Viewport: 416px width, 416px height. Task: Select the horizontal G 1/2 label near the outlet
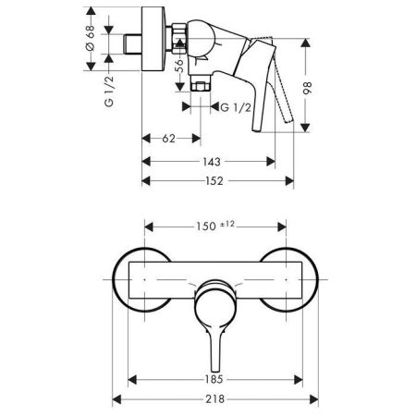point(236,108)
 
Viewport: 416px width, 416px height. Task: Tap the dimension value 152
point(215,181)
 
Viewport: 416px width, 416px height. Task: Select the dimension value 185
point(214,378)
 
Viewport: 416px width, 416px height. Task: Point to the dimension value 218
point(214,398)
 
